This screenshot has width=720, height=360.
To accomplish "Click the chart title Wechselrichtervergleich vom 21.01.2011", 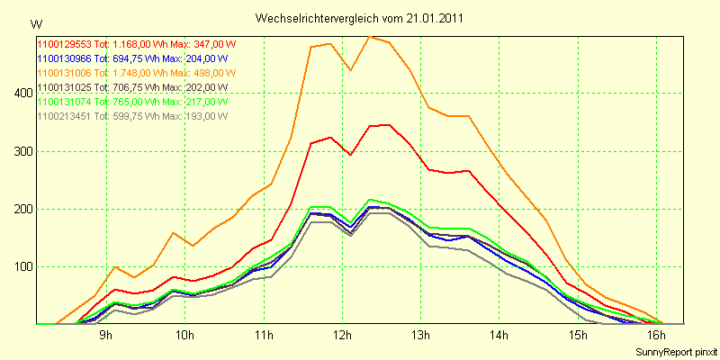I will coord(360,18).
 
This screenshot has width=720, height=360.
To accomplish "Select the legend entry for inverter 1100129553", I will coord(135,43).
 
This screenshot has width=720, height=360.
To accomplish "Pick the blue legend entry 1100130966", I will coord(131,58).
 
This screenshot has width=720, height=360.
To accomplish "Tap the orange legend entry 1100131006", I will coord(135,72).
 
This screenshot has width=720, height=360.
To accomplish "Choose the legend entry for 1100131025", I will coord(131,86).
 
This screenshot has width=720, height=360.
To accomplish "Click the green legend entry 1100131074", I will coord(131,101).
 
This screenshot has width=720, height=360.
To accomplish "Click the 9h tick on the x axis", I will coord(106,335).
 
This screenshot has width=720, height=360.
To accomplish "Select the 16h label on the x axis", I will coord(657,335).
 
